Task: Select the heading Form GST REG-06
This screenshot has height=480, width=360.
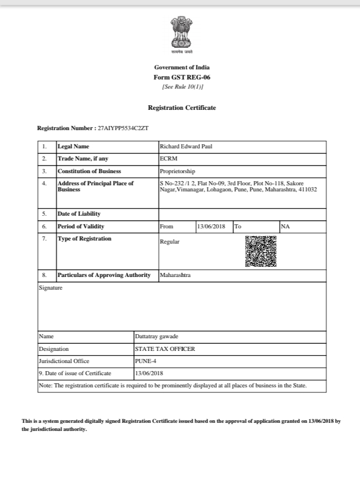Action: click(181, 77)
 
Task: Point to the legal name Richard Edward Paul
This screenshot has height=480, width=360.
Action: click(186, 146)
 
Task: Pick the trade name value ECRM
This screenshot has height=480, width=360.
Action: click(168, 158)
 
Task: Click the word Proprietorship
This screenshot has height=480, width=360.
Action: click(177, 171)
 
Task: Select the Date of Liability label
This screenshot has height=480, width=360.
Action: click(79, 214)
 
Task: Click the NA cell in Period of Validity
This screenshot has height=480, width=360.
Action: click(285, 226)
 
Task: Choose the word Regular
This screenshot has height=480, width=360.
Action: click(170, 242)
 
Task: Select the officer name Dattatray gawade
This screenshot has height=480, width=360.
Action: click(156, 336)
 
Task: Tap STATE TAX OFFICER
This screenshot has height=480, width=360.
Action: click(165, 349)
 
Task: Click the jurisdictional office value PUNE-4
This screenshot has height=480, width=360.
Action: click(145, 361)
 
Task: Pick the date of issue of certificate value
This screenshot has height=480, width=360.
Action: click(149, 374)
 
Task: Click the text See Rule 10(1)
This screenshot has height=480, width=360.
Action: click(182, 87)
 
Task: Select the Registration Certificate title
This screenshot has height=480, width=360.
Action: click(182, 108)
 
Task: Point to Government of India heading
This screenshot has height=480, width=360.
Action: click(182, 67)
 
